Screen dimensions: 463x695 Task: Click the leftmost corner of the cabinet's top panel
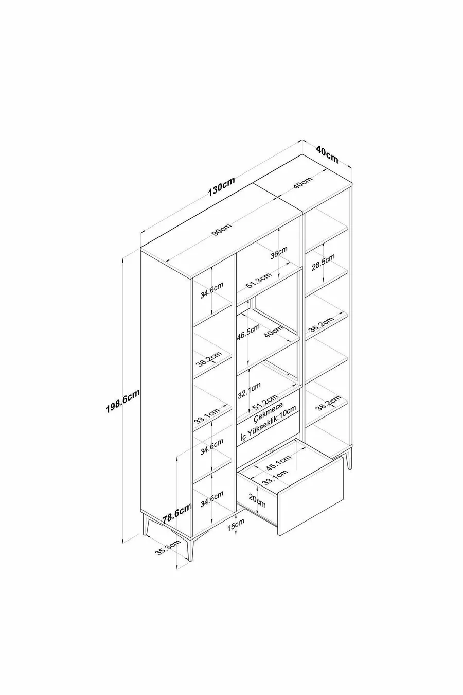[140, 248]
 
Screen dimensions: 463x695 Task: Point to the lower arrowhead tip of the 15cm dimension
[236, 542]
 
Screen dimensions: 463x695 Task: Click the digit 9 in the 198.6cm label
[115, 408]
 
